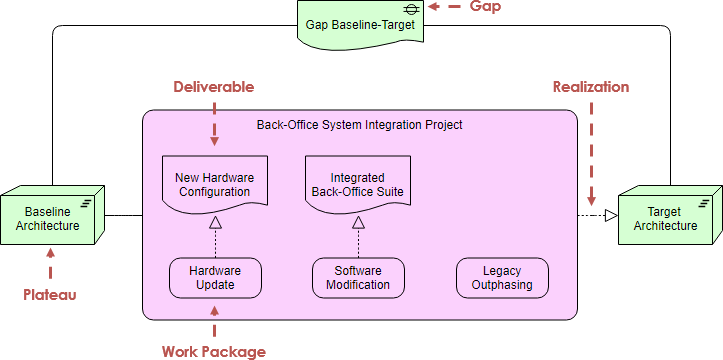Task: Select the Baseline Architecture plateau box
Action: (x=54, y=218)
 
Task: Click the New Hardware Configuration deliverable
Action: (x=214, y=184)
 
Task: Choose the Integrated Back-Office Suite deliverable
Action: (x=358, y=184)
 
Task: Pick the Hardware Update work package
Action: (x=214, y=277)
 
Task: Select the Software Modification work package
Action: (x=358, y=277)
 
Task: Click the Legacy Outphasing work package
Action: (x=501, y=277)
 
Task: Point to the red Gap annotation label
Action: (x=485, y=7)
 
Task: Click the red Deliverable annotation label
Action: (x=214, y=87)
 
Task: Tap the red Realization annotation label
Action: (x=591, y=87)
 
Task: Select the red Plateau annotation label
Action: (x=50, y=295)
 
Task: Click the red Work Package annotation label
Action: (x=214, y=351)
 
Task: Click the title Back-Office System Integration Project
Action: (x=359, y=125)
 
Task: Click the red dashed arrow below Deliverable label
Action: (x=214, y=125)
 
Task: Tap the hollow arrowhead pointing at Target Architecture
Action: (x=610, y=215)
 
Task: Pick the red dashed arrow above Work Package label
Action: (x=214, y=320)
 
